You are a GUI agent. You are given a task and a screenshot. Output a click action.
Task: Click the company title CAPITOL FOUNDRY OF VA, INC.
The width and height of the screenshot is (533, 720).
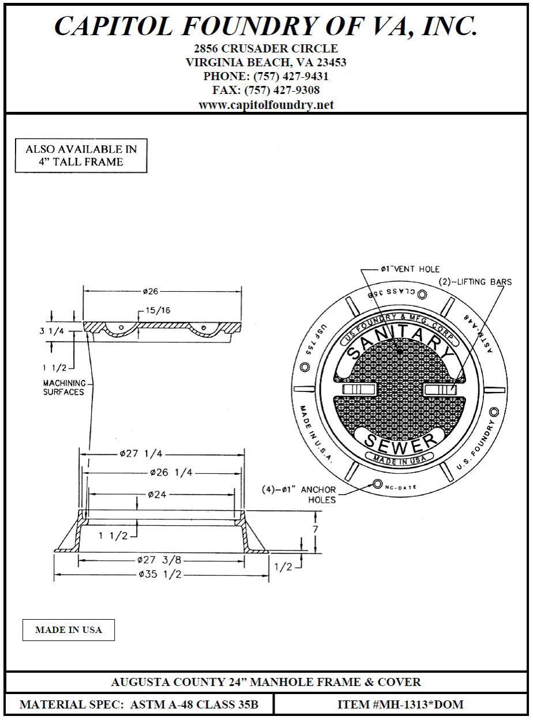pos(266,26)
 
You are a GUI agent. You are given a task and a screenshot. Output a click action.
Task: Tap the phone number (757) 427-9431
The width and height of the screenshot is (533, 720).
pos(266,76)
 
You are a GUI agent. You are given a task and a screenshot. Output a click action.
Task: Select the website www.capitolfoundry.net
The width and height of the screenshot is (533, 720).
pos(266,105)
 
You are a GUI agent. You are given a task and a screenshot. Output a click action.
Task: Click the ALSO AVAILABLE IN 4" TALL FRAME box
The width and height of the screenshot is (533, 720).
pos(81,156)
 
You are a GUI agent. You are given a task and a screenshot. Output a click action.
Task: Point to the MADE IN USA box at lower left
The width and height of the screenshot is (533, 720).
pos(69,630)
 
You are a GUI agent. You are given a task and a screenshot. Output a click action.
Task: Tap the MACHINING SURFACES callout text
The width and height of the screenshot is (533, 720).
pos(64,387)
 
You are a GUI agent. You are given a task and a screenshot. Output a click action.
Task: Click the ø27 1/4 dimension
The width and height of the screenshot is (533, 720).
pos(140,454)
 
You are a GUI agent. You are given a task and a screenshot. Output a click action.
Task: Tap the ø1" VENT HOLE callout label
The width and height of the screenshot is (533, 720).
pos(410,269)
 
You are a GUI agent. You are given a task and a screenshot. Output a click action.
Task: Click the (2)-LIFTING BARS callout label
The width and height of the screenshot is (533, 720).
pos(475,282)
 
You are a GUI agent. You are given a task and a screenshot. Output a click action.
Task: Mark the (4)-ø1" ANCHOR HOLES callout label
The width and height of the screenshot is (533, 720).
pos(306,495)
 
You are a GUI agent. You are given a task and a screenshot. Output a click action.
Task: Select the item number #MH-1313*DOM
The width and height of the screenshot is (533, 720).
pos(400,704)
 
